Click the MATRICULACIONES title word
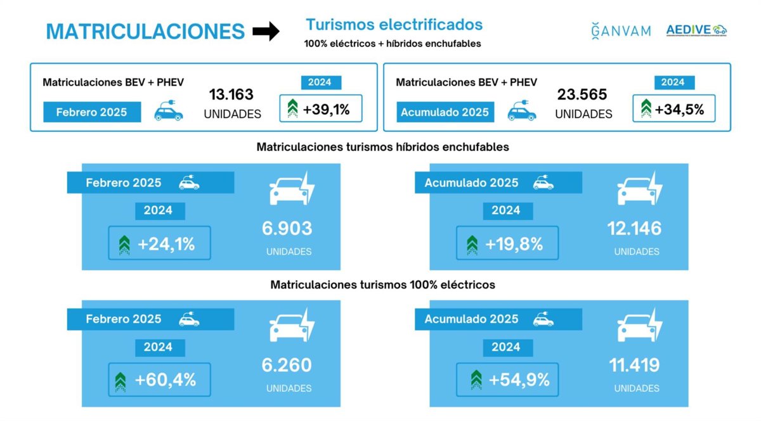[x=145, y=32]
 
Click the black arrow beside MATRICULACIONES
[x=266, y=31]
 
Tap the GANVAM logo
[x=621, y=30]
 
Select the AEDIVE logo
[x=696, y=30]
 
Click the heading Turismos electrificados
[x=394, y=25]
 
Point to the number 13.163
[x=231, y=95]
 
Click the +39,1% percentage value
[x=326, y=109]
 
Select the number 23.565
[x=582, y=95]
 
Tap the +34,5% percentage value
[x=679, y=109]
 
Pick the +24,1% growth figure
[x=166, y=243]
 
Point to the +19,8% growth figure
[x=514, y=243]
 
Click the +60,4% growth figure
[x=166, y=380]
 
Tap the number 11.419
[x=635, y=365]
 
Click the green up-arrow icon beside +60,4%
[x=120, y=380]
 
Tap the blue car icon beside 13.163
[x=169, y=112]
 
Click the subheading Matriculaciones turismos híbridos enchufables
[x=383, y=147]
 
